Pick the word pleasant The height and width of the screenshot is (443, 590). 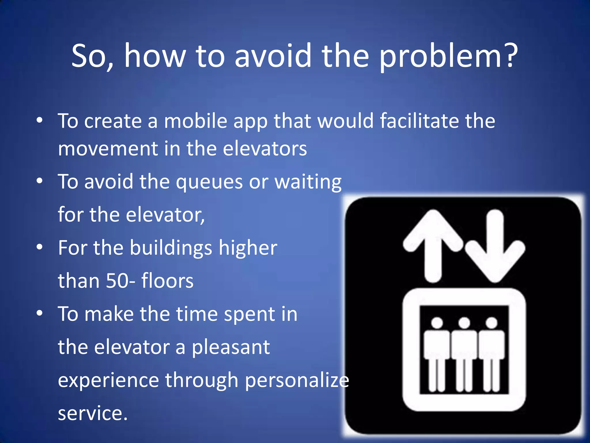pyautogui.click(x=231, y=348)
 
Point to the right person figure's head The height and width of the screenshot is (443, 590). pyautogui.click(x=491, y=322)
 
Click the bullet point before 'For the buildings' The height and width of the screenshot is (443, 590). pyautogui.click(x=40, y=247)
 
